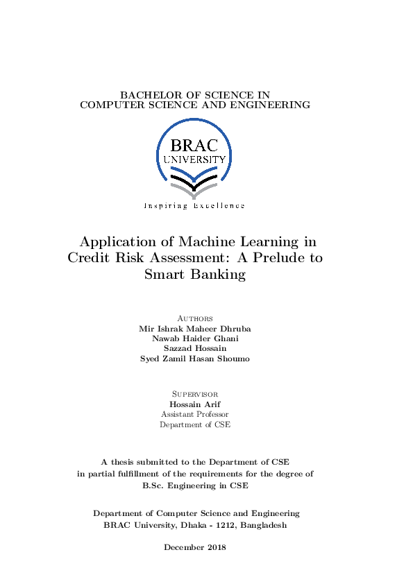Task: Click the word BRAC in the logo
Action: pyautogui.click(x=194, y=146)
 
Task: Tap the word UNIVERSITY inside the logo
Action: pyautogui.click(x=194, y=159)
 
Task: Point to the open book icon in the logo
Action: pyautogui.click(x=194, y=182)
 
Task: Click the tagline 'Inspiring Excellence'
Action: pyautogui.click(x=194, y=206)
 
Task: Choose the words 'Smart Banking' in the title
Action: pyautogui.click(x=195, y=274)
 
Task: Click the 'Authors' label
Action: pyautogui.click(x=195, y=318)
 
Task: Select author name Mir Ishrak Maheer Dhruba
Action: pyautogui.click(x=195, y=328)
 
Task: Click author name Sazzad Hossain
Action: pyautogui.click(x=195, y=348)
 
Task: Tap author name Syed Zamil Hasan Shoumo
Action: pyautogui.click(x=195, y=359)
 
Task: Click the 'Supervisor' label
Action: pyautogui.click(x=195, y=394)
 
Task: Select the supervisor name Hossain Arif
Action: pyautogui.click(x=195, y=404)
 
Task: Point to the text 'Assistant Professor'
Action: pyautogui.click(x=195, y=414)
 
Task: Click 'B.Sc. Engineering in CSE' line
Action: pyautogui.click(x=195, y=486)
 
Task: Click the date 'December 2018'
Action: pyautogui.click(x=195, y=547)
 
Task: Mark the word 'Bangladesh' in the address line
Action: pyautogui.click(x=263, y=526)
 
